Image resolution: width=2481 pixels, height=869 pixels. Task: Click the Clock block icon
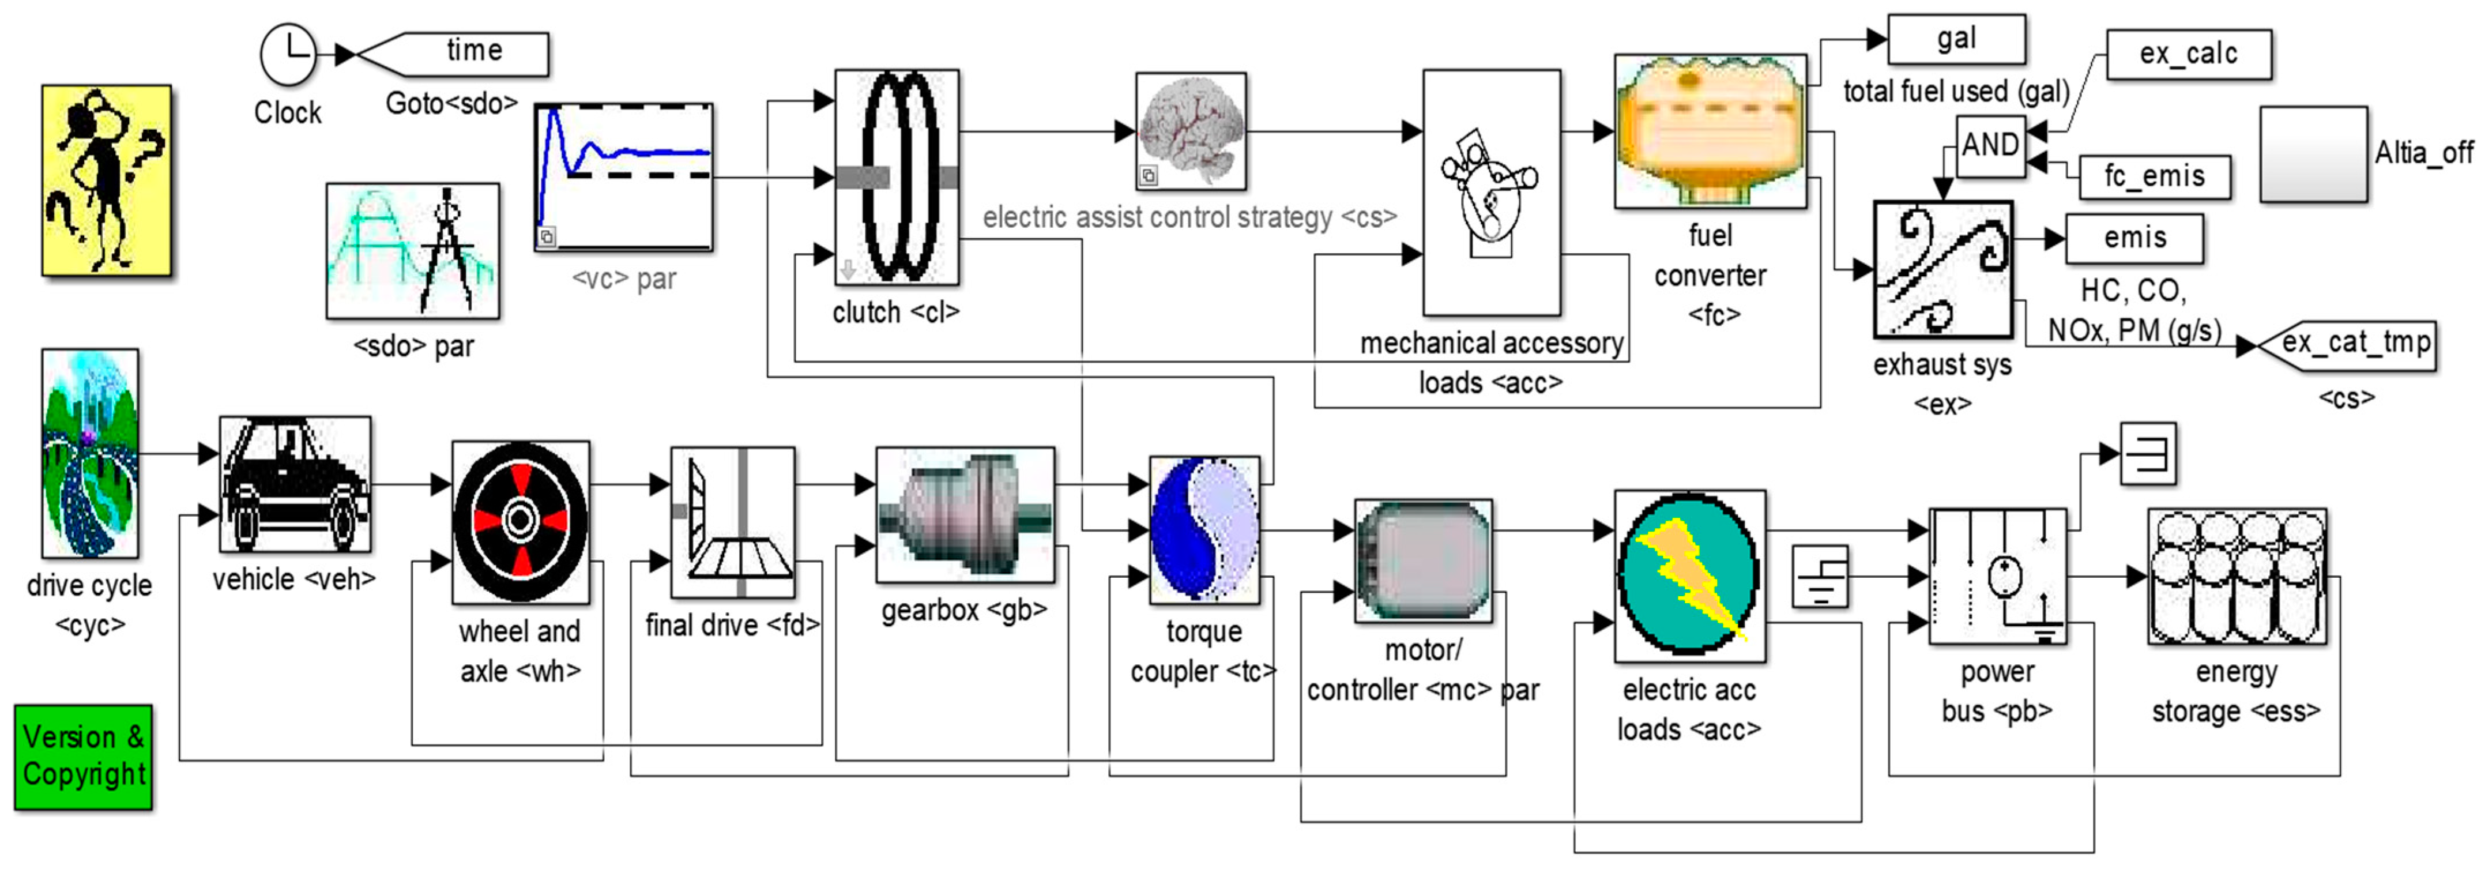pyautogui.click(x=288, y=55)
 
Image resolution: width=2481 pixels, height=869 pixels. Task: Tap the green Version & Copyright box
pyautogui.click(x=84, y=757)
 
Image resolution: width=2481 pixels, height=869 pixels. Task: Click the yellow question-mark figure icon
pyautogui.click(x=106, y=180)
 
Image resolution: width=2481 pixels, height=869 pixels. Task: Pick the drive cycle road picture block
pyautogui.click(x=89, y=453)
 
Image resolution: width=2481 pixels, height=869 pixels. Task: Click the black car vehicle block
pyautogui.click(x=295, y=484)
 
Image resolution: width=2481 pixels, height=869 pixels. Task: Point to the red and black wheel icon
pyautogui.click(x=520, y=521)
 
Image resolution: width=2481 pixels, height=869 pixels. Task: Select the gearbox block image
pyautogui.click(x=965, y=514)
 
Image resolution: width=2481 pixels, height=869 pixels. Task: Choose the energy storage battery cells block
pyautogui.click(x=2237, y=576)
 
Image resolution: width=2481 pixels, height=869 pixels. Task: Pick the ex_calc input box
pyautogui.click(x=2188, y=54)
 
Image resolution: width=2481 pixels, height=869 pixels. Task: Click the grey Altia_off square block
pyautogui.click(x=2313, y=154)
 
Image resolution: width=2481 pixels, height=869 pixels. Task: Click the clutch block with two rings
pyautogui.click(x=897, y=176)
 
